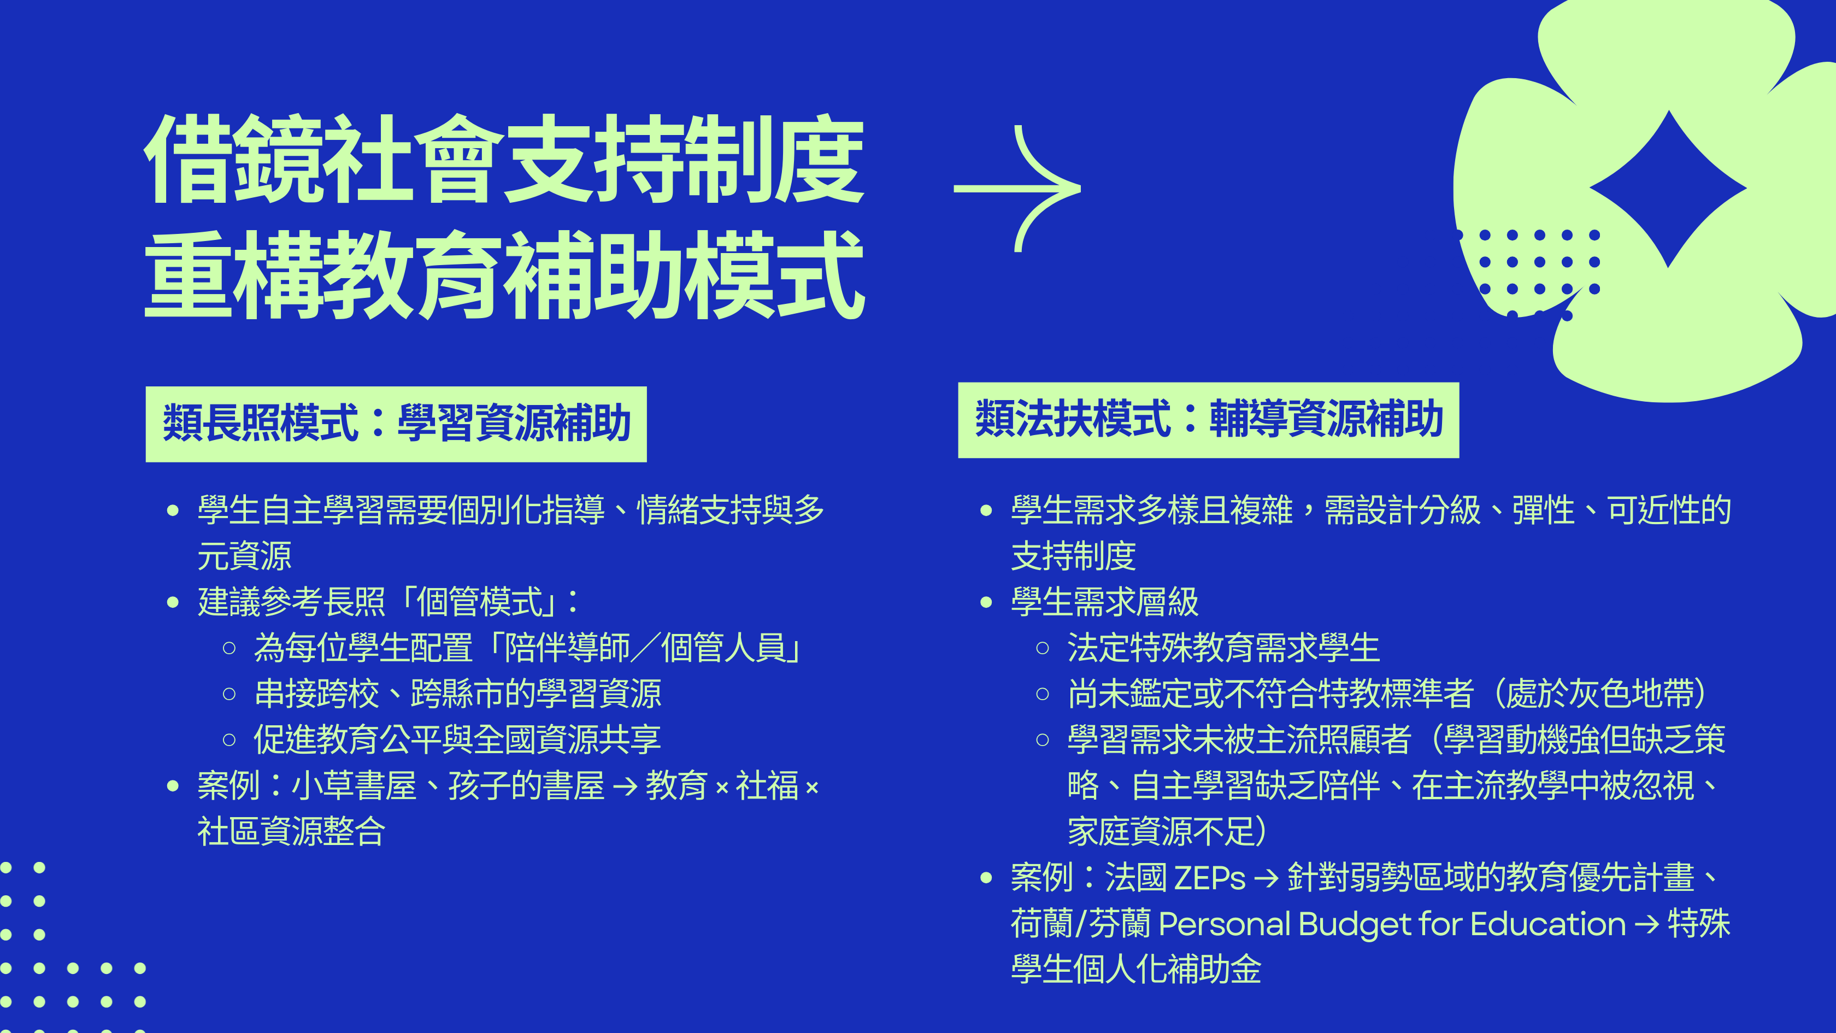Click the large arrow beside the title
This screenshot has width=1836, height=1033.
1018,189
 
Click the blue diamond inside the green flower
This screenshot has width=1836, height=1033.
1668,189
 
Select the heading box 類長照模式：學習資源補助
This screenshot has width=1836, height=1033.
396,424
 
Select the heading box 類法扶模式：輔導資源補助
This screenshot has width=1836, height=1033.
1209,420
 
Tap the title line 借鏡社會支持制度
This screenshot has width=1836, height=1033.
504,159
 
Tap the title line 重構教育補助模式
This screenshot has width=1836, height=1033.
504,274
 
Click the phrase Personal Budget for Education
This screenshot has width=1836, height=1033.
1392,924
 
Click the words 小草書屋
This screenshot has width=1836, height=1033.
354,785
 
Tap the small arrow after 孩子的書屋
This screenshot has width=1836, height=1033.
625,787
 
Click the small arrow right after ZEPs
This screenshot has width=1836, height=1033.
1267,878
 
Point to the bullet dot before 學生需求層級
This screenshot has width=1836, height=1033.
986,602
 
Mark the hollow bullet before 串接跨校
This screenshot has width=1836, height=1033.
229,694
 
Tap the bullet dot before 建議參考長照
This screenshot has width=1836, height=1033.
173,602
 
